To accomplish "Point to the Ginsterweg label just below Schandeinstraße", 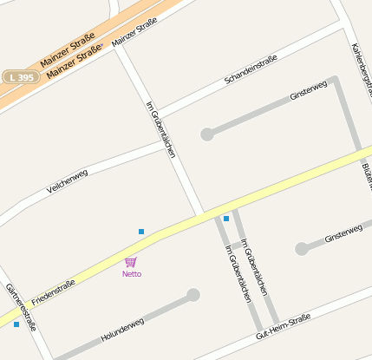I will [308, 90].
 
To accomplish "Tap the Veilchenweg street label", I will [68, 180].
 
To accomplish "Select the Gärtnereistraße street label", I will [21, 307].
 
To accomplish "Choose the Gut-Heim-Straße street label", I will [283, 326].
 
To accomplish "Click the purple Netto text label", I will [132, 274].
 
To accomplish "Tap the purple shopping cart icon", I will [131, 261].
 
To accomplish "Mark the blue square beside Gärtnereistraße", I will [16, 324].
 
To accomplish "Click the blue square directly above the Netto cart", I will [141, 232].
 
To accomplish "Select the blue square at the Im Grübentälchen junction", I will [226, 219].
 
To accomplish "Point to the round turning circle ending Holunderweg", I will [193, 295].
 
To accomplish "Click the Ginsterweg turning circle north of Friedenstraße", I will [207, 134].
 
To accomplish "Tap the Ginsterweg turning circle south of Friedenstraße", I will [301, 249].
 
